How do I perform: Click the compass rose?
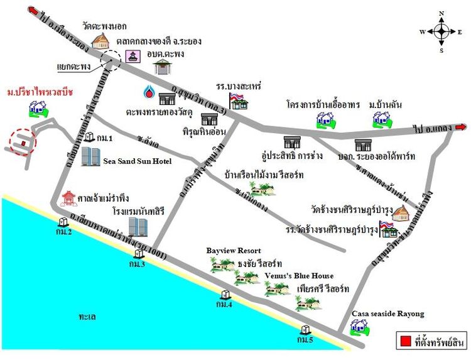(441, 31)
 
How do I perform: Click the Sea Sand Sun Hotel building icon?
(91, 156)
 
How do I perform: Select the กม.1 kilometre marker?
(89, 137)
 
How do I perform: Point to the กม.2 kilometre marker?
(63, 222)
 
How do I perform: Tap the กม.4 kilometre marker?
(225, 294)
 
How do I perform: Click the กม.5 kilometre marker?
(306, 330)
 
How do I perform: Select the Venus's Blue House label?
(299, 275)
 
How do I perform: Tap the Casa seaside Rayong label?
(387, 314)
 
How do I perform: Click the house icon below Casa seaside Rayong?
(359, 326)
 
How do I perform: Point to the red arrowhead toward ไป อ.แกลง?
(462, 128)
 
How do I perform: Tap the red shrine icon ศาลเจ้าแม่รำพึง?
(67, 199)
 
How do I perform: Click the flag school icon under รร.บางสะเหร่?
(239, 100)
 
